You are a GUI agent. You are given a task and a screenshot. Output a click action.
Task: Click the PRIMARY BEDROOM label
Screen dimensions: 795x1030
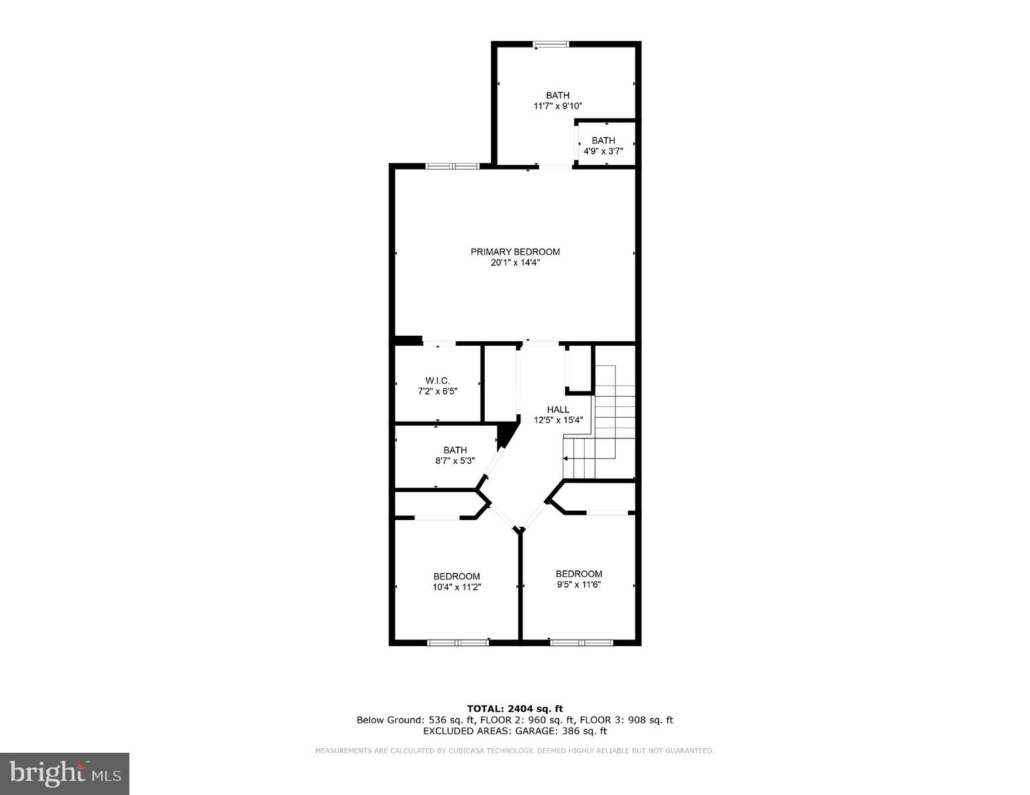(x=514, y=252)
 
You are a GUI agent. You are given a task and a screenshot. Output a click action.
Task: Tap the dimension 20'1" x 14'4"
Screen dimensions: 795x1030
(x=514, y=263)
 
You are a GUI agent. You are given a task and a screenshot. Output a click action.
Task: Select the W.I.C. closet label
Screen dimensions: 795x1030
(x=437, y=381)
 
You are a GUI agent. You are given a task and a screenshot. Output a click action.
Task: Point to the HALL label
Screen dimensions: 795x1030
(x=558, y=410)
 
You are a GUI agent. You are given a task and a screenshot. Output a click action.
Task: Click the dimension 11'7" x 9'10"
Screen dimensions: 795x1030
(x=557, y=106)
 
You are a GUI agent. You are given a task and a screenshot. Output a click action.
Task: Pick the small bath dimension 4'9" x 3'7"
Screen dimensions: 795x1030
(x=603, y=151)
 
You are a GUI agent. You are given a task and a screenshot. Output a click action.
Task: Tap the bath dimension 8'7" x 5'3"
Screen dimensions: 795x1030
(x=455, y=461)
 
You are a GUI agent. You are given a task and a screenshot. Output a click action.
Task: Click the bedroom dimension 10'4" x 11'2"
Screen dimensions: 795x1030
(x=456, y=587)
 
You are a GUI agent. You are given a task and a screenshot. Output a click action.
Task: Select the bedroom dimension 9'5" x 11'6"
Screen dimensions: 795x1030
(x=579, y=585)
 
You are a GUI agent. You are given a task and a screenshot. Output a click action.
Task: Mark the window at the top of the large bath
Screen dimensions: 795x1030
(x=551, y=44)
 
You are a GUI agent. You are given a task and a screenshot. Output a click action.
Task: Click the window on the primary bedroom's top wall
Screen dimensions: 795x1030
(x=453, y=166)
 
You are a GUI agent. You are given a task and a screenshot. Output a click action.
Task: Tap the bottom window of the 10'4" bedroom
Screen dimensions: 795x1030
(x=458, y=643)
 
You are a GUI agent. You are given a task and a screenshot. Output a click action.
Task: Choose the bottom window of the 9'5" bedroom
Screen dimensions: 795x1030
(x=581, y=643)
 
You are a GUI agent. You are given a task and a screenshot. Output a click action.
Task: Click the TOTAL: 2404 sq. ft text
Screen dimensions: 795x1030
(x=514, y=709)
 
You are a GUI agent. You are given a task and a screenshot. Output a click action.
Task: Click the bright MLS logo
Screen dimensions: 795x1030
(x=64, y=774)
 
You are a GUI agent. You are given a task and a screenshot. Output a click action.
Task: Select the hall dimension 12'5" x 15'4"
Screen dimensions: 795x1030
(x=558, y=421)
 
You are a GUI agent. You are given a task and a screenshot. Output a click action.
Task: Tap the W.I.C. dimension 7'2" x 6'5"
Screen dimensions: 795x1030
(x=437, y=391)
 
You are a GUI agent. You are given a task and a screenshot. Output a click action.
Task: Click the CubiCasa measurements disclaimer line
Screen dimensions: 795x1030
(x=514, y=751)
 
